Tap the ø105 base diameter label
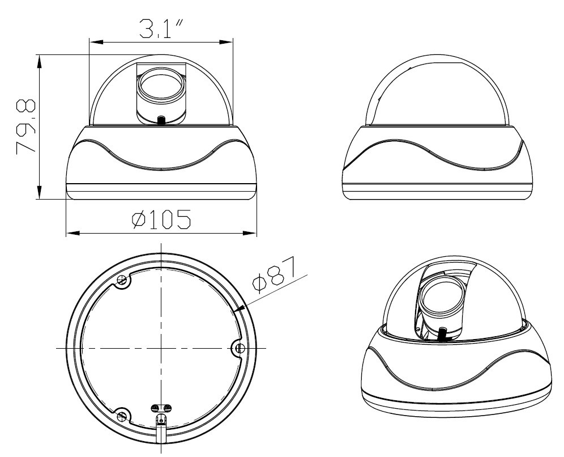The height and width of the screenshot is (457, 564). click(161, 219)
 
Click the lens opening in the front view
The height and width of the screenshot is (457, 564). click(160, 88)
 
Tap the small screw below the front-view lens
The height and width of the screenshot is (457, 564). click(161, 120)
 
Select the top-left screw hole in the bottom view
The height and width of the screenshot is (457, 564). click(121, 280)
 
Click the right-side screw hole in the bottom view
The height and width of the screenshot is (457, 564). click(240, 347)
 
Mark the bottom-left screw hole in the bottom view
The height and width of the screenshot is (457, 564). click(121, 416)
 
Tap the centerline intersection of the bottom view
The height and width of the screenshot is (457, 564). click(161, 347)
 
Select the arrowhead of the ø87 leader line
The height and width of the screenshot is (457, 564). click(240, 310)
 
